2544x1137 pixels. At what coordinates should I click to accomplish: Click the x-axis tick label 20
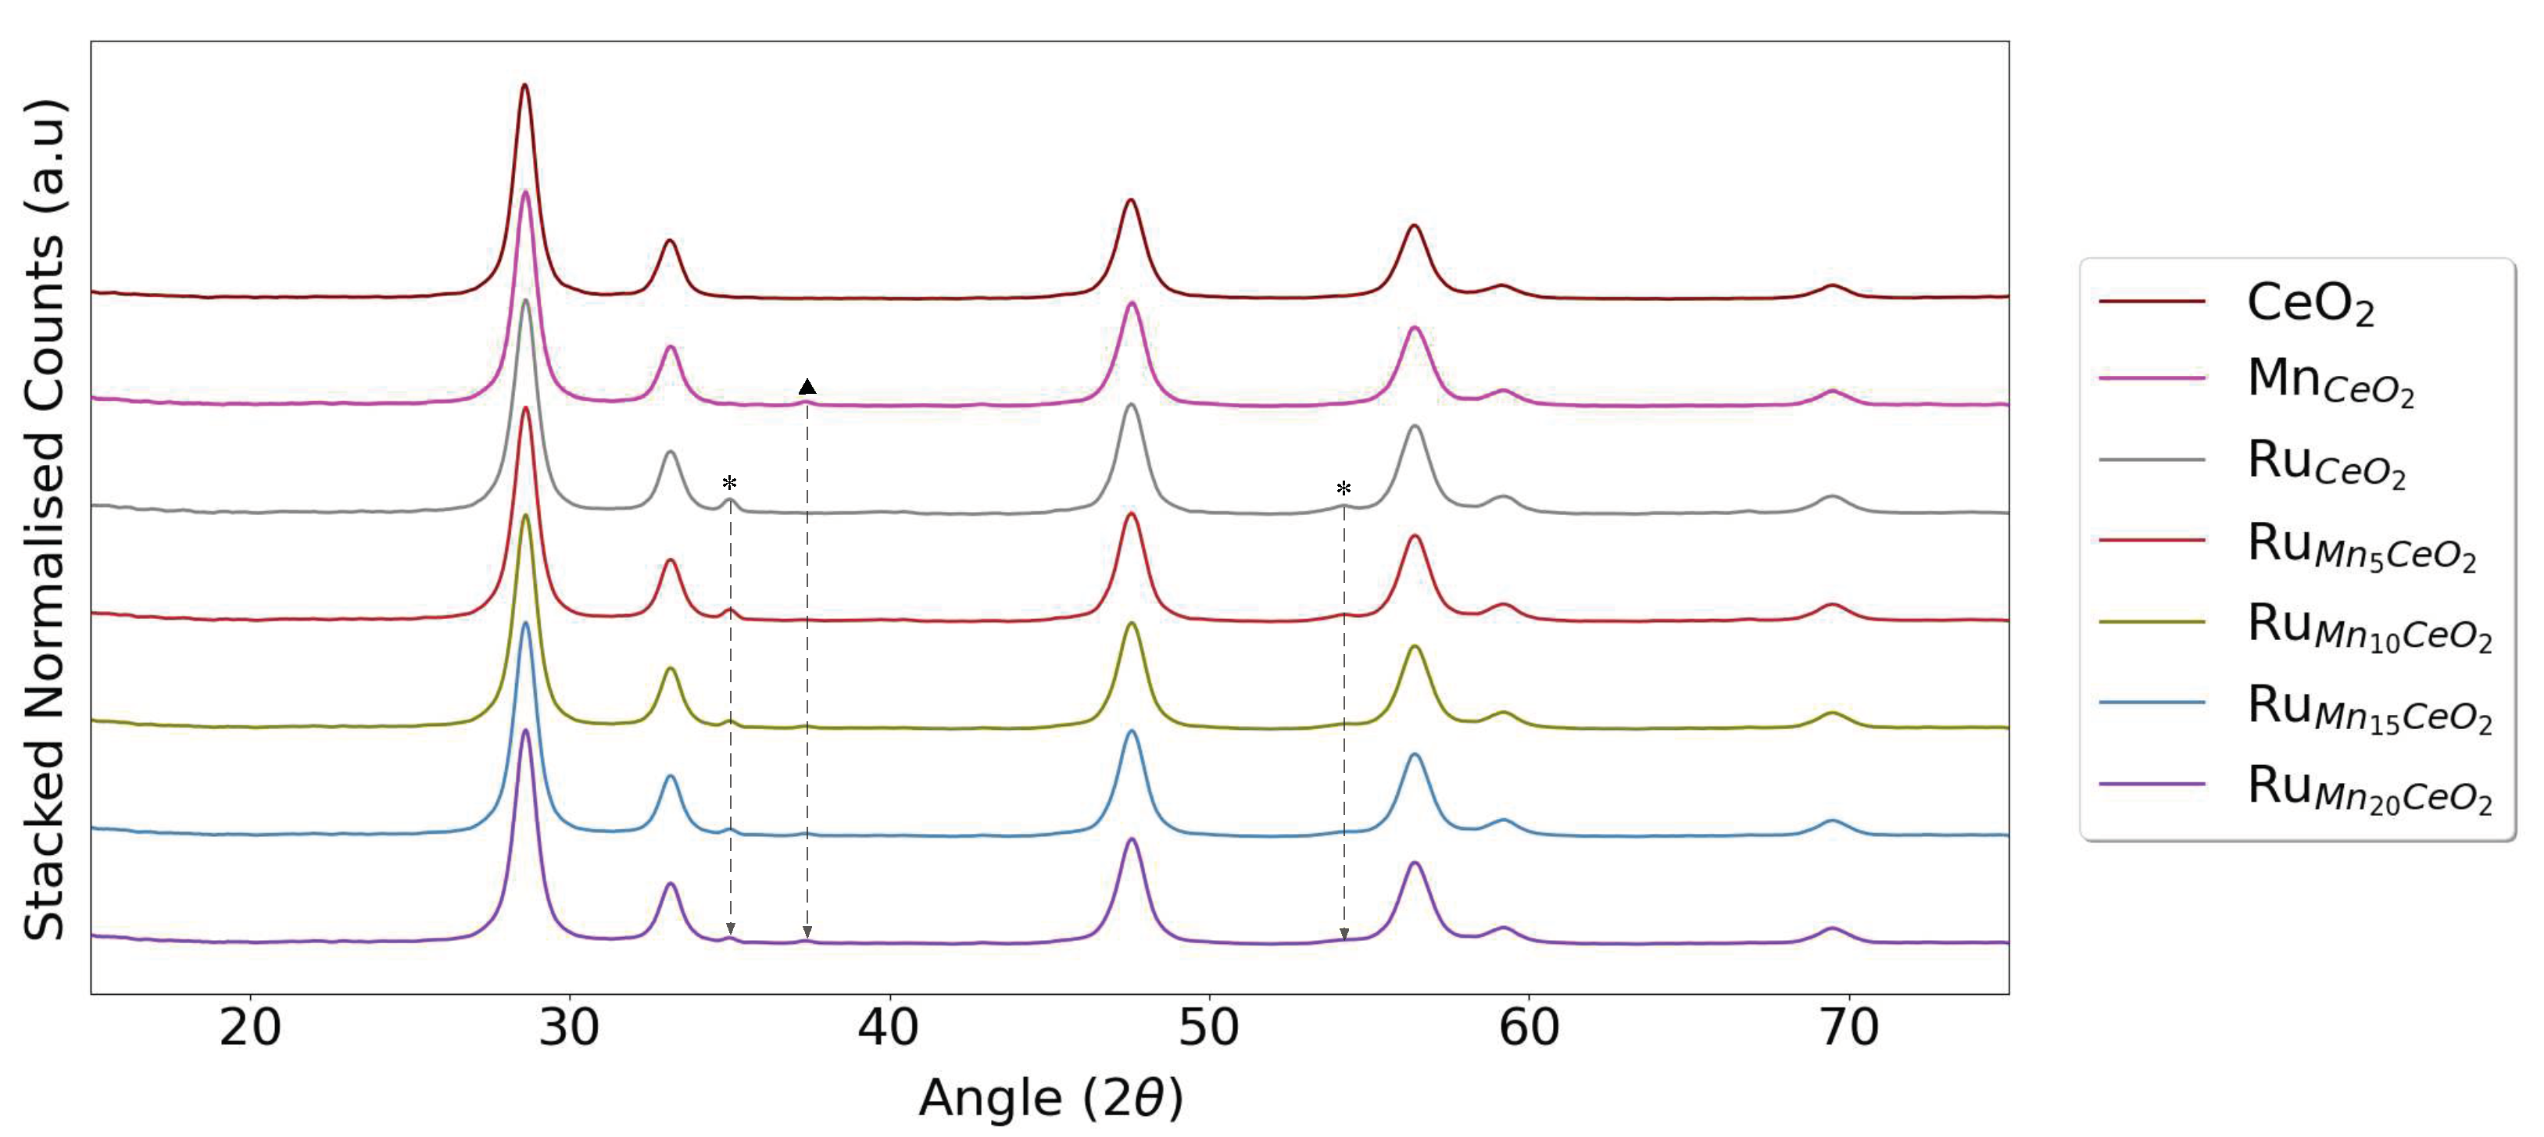click(x=250, y=1028)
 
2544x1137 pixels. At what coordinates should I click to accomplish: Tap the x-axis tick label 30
click(x=570, y=1028)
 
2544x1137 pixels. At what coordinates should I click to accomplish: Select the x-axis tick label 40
click(x=889, y=1028)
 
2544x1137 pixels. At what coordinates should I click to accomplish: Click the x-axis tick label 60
click(x=1529, y=1028)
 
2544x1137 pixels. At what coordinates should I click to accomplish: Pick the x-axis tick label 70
click(x=1848, y=1028)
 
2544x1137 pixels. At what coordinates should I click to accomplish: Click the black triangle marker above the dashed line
click(x=807, y=386)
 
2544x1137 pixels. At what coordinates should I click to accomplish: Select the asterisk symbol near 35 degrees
click(x=730, y=484)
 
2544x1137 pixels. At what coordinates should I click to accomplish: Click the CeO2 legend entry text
click(x=2309, y=303)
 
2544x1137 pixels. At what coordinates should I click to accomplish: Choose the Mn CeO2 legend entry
click(x=2329, y=381)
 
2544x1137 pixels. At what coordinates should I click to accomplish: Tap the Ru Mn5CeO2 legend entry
click(x=2360, y=545)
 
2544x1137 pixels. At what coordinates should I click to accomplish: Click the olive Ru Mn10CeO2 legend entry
click(x=2368, y=626)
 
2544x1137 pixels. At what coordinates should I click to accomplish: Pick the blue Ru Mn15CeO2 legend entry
click(x=2368, y=707)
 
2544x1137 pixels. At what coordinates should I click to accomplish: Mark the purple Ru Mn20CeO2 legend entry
click(x=2368, y=788)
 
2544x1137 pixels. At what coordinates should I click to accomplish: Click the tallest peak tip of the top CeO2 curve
click(x=524, y=85)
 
